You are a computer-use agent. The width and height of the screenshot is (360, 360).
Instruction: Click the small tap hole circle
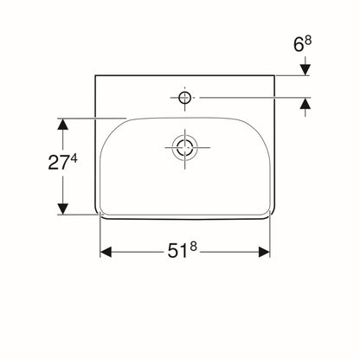184,98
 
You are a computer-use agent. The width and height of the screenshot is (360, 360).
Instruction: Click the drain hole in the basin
184,147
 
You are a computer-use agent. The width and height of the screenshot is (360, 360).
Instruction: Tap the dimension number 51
177,252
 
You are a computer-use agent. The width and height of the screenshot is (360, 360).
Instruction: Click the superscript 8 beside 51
193,247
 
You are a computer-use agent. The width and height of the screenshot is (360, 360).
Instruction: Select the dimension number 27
59,163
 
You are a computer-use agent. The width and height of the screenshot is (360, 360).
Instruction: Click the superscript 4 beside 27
74,158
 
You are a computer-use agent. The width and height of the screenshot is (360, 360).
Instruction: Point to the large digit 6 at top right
299,45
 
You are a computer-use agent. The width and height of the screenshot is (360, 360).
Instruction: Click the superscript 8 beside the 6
308,40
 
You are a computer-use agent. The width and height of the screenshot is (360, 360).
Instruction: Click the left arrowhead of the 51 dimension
106,252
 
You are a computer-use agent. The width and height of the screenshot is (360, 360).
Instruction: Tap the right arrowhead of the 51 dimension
264,252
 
